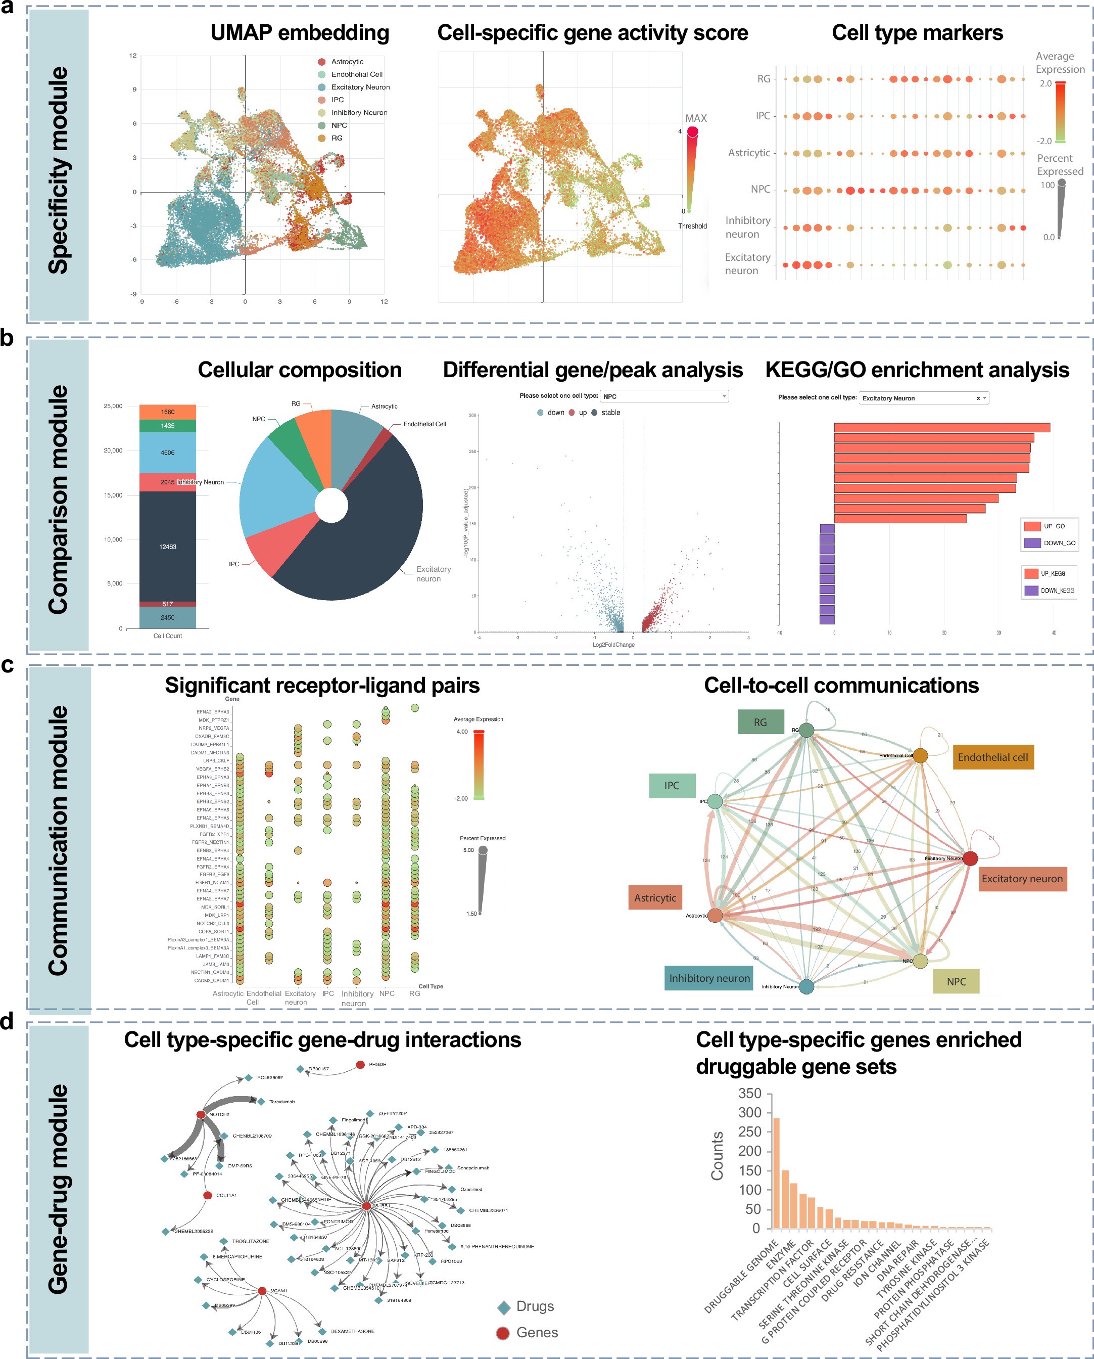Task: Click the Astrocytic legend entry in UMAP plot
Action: click(x=347, y=62)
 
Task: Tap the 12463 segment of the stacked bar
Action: click(x=168, y=546)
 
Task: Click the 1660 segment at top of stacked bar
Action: click(x=168, y=412)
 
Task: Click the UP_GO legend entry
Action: click(x=1049, y=526)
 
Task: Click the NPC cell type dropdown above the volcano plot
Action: click(x=664, y=396)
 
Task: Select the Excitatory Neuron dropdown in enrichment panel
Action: click(x=924, y=398)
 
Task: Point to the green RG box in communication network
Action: click(x=760, y=722)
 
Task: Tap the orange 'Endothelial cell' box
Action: click(x=992, y=757)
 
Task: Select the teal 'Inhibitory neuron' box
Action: click(x=709, y=978)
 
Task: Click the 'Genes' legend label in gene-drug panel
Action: click(x=537, y=1333)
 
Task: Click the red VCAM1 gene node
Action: click(x=262, y=1291)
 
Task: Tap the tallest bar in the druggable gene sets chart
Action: click(x=776, y=1173)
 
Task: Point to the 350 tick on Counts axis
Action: click(x=749, y=1094)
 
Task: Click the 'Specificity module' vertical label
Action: click(x=58, y=170)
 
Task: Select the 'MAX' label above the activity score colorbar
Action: click(x=696, y=118)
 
